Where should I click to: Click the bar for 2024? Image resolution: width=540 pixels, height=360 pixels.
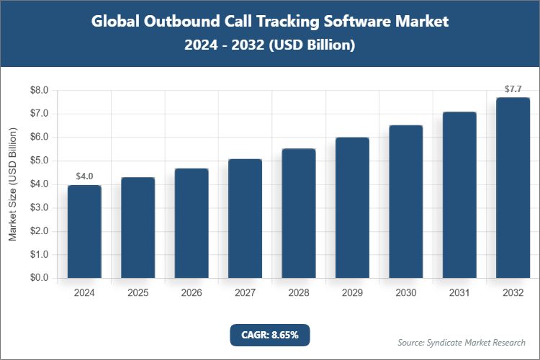tap(84, 232)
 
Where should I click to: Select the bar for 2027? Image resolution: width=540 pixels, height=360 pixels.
tap(245, 218)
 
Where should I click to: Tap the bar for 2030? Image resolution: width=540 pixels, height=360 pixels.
tap(405, 202)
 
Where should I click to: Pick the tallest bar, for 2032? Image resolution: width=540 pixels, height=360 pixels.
tap(513, 188)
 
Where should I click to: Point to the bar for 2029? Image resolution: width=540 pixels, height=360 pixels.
tap(352, 207)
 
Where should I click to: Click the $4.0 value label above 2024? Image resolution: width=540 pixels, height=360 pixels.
tap(84, 176)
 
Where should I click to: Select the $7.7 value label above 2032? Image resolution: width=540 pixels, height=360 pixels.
tap(513, 89)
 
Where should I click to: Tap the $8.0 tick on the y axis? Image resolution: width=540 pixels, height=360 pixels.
tap(38, 91)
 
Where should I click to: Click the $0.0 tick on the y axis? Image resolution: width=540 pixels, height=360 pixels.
tap(38, 278)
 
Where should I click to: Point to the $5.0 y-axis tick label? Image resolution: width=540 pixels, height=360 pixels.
tap(38, 161)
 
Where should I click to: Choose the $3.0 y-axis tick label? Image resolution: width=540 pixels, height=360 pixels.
tap(38, 207)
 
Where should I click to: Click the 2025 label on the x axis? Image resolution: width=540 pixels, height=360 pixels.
tap(138, 293)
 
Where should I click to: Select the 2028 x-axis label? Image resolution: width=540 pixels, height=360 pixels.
tap(298, 293)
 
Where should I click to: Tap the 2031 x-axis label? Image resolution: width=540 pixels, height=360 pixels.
tap(459, 293)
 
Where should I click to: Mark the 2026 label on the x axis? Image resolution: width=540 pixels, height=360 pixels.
tap(192, 293)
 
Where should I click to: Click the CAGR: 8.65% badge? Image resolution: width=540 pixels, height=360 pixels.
tap(269, 335)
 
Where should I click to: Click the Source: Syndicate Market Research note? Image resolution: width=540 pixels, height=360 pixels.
tap(461, 342)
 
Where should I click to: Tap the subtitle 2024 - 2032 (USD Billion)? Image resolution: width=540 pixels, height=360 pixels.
tap(269, 45)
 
